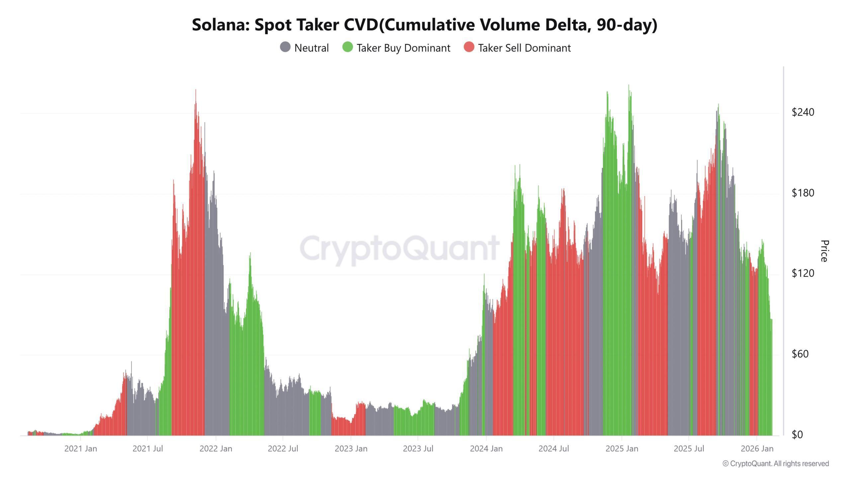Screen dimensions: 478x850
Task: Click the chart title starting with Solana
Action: [x=424, y=25]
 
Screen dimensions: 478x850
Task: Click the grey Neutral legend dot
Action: [x=285, y=47]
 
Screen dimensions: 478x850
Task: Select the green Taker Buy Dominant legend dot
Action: [x=347, y=47]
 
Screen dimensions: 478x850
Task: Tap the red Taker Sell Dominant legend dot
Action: [x=469, y=47]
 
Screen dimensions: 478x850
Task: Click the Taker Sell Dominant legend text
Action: [x=524, y=48]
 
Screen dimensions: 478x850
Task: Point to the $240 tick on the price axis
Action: [x=803, y=112]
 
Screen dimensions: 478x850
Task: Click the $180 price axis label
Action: [x=803, y=193]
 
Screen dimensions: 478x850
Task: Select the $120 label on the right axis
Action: [x=803, y=273]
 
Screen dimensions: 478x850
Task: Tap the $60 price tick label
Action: [x=803, y=354]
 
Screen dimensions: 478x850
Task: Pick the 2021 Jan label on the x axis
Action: [x=81, y=449]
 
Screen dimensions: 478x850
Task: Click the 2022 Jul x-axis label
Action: [x=283, y=449]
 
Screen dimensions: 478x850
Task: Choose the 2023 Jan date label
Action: [x=351, y=449]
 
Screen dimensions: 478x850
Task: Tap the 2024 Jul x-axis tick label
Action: [x=553, y=449]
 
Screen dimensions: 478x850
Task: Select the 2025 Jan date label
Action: [x=622, y=449]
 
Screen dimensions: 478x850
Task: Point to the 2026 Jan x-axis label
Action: [x=757, y=449]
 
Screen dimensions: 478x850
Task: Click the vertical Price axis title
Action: [x=824, y=251]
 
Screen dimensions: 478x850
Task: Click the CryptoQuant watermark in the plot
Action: [x=399, y=248]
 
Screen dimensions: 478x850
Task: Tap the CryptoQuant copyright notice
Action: [x=776, y=464]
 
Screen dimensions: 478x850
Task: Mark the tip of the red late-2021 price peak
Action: [x=196, y=90]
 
